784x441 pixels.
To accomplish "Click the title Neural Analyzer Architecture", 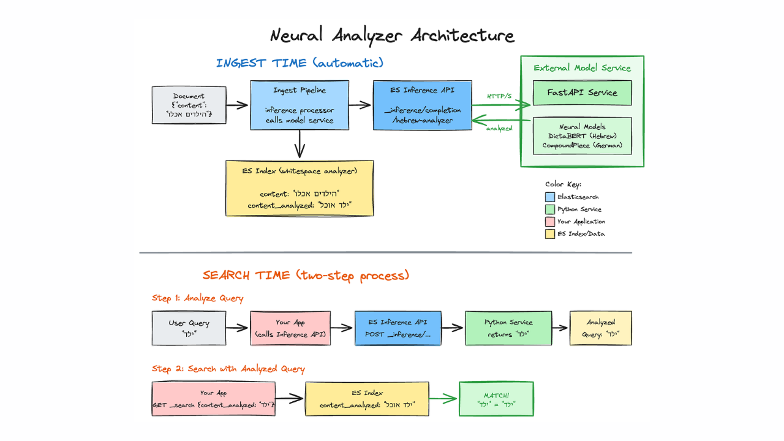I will tap(392, 35).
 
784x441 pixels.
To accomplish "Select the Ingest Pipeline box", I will tap(300, 105).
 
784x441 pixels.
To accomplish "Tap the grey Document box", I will tap(189, 105).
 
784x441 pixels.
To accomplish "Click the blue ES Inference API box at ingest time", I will tap(423, 105).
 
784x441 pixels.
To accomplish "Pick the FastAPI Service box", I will tap(582, 92).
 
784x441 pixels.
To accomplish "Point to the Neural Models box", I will tap(582, 136).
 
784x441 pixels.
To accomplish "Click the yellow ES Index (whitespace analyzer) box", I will tap(300, 188).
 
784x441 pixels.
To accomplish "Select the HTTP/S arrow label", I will tap(499, 96).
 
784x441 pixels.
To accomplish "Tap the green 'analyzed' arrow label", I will tap(499, 128).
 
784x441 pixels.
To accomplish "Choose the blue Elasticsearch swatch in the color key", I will tap(549, 197).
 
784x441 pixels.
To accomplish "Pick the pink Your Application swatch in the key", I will tap(549, 222).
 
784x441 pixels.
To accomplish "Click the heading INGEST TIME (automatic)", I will tap(300, 63).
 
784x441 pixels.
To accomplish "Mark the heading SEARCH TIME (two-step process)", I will tap(306, 275).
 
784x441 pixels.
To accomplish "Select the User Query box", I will tap(189, 328).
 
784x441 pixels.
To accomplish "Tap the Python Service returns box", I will tap(508, 328).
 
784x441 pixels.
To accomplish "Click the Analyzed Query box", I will tap(600, 328).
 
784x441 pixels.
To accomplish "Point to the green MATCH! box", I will tap(496, 399).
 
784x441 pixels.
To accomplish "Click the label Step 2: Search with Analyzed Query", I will tap(228, 369).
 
